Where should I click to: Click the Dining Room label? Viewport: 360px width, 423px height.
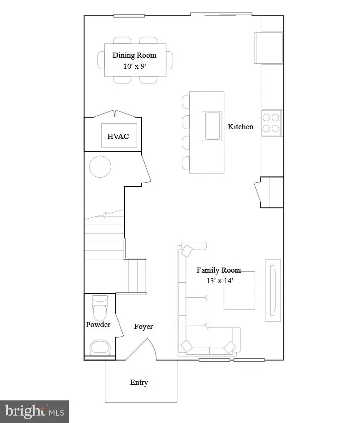[134, 55]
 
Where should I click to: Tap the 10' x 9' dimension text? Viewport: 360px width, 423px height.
[134, 66]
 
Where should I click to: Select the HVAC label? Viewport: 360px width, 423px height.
[118, 136]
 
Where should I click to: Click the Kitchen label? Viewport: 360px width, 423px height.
[240, 126]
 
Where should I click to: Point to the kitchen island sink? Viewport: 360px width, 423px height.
[212, 125]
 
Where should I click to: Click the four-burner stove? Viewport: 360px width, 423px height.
[271, 123]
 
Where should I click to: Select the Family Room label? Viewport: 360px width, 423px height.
[218, 270]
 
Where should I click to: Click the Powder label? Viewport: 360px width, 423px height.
[98, 325]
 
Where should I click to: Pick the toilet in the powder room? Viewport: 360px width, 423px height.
[100, 308]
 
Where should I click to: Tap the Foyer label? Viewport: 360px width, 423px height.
[144, 327]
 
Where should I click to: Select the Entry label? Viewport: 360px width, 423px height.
[139, 382]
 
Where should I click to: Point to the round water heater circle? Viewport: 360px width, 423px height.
[100, 167]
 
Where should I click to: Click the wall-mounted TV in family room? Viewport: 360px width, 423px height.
[273, 290]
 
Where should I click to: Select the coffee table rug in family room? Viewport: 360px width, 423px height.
[240, 291]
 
